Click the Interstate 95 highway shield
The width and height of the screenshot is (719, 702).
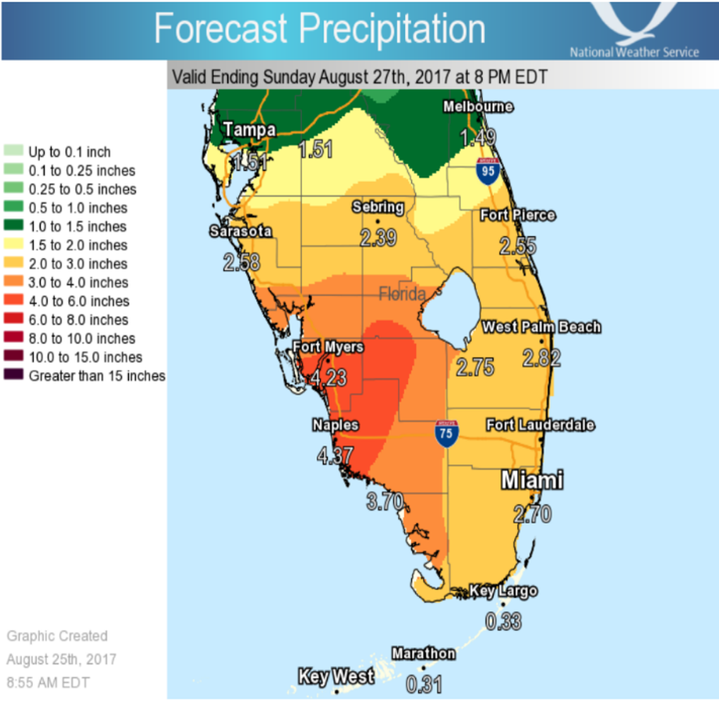point(488,172)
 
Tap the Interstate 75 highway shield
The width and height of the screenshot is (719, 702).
point(446,434)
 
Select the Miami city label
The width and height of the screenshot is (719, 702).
point(532,480)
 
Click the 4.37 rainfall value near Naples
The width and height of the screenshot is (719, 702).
point(335,455)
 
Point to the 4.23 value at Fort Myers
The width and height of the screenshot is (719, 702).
point(327,377)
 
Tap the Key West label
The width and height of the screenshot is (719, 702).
point(336,677)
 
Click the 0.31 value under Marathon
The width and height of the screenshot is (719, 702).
point(424,684)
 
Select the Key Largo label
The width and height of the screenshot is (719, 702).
point(503,591)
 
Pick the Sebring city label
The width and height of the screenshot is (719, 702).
point(378,207)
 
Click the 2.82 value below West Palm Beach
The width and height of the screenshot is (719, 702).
point(541,358)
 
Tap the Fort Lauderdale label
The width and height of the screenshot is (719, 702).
point(540,425)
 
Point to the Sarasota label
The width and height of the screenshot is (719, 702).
point(240,231)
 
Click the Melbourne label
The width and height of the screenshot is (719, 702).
point(477,107)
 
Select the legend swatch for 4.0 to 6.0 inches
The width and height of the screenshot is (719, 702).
point(13,301)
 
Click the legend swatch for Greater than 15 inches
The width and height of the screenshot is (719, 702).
point(13,375)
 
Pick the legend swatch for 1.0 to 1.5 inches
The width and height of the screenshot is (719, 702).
point(13,226)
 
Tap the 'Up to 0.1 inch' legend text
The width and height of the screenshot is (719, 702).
point(69,152)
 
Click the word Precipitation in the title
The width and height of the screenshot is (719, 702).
point(392,29)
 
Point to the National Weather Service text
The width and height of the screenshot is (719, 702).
point(634,52)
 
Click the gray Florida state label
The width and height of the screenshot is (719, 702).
point(402,294)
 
